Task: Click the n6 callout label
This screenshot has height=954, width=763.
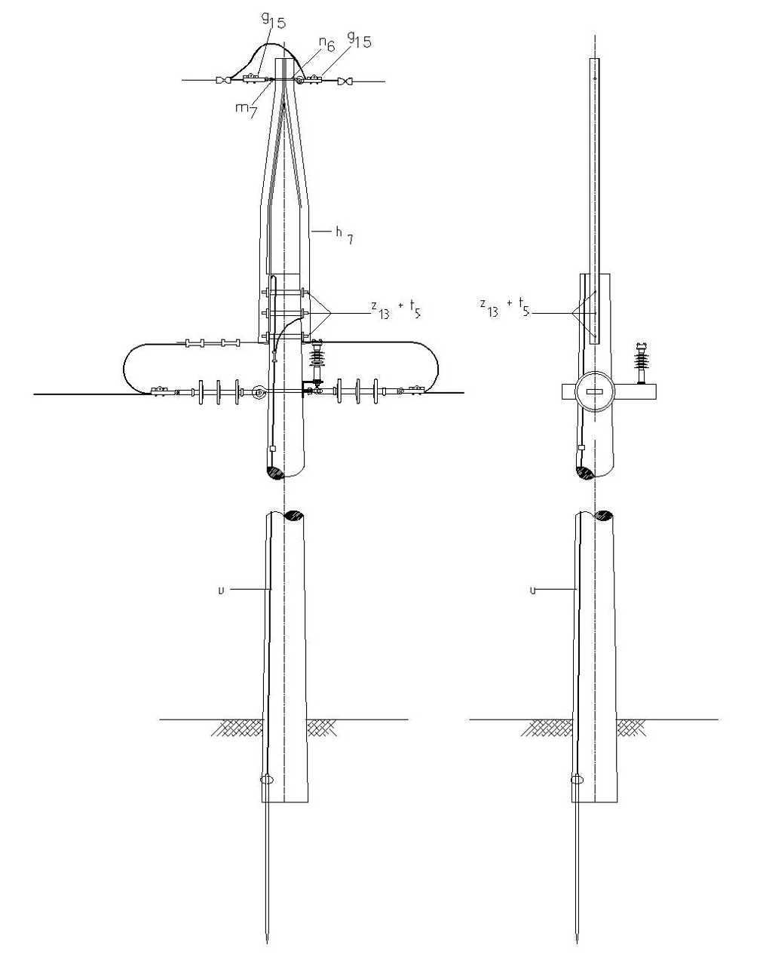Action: tap(326, 44)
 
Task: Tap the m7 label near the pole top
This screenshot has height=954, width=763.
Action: tap(246, 109)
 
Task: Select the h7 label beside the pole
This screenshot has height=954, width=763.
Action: tap(345, 235)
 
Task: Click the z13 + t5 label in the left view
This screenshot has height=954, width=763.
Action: tap(396, 308)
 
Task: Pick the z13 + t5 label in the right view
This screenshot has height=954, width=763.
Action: tap(504, 308)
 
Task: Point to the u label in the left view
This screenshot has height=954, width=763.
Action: tap(221, 590)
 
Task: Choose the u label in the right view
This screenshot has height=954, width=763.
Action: tap(533, 590)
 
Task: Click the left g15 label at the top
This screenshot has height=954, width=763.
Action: tap(274, 20)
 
